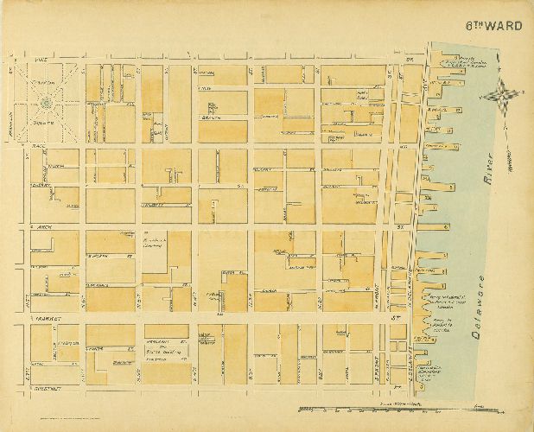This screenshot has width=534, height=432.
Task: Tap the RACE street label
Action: coord(38,149)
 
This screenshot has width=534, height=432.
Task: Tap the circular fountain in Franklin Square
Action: coord(45,103)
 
